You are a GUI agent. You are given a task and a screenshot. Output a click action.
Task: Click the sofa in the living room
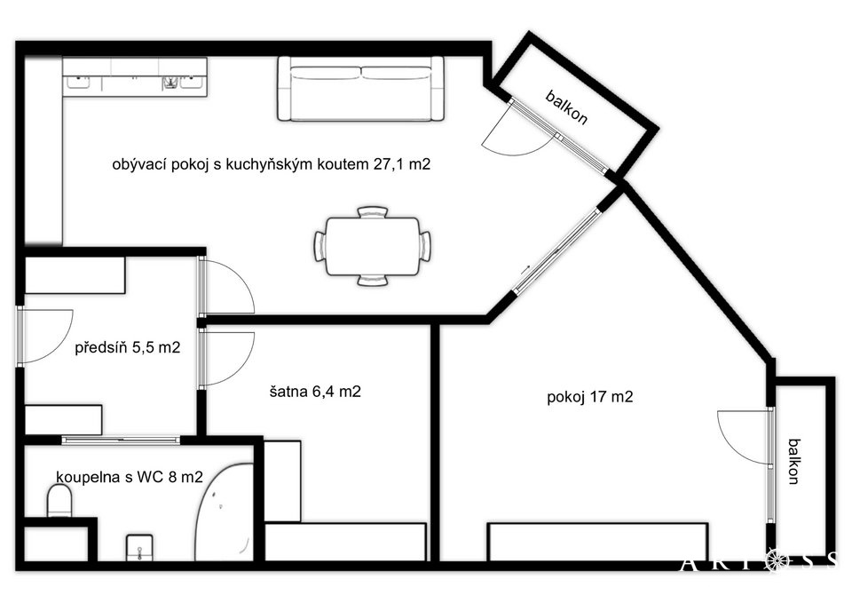[x=361, y=88]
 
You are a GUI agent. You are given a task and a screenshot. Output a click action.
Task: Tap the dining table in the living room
[x=372, y=246]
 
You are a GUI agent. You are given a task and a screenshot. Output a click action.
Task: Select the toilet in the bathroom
[x=59, y=501]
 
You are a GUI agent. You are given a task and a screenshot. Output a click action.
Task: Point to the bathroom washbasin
[x=139, y=548]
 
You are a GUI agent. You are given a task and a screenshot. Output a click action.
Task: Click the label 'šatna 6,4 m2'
[x=315, y=392]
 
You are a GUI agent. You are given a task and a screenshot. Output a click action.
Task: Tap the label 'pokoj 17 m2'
[x=589, y=397]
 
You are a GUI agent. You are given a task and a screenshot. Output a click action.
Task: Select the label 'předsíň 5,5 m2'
[x=128, y=347]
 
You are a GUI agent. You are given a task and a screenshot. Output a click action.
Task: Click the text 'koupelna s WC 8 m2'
[x=130, y=477]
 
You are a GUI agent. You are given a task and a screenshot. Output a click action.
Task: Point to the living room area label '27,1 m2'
[x=401, y=164]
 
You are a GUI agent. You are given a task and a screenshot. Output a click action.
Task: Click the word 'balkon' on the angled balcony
[x=566, y=107]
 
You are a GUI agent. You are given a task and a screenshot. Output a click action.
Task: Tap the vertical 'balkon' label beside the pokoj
[x=793, y=461]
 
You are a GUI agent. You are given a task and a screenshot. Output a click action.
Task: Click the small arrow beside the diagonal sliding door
[x=525, y=269]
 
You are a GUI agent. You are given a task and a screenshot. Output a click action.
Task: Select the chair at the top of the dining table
[x=372, y=211]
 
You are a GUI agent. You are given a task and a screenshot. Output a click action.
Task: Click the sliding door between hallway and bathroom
[x=121, y=440]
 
